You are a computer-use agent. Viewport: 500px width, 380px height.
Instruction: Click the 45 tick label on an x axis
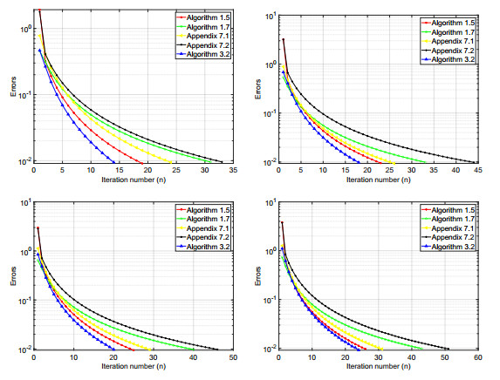coord(477,169)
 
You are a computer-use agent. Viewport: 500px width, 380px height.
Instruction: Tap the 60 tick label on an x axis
coord(477,357)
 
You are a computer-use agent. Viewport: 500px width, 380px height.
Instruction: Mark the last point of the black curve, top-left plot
coord(222,162)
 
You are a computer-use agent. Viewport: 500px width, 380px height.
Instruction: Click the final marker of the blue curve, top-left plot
coord(113,161)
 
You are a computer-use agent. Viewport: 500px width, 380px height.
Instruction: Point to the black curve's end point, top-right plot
coord(476,162)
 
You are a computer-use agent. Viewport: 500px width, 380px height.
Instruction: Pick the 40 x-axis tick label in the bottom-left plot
coord(192,357)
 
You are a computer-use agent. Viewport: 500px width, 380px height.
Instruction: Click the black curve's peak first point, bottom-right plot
coord(282,222)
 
